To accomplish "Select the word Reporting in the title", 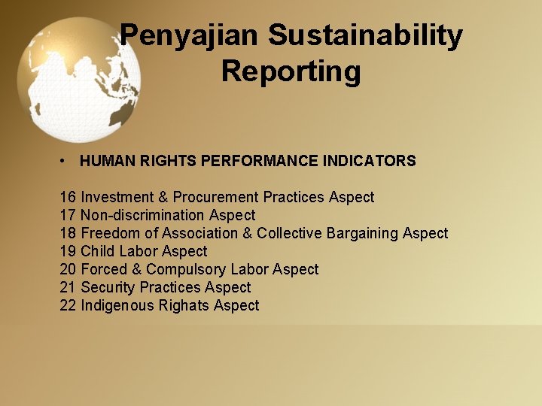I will click(x=291, y=72).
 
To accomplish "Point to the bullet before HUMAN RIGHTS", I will click(x=66, y=161).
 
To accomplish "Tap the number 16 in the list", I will click(x=68, y=197).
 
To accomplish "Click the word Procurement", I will click(x=216, y=197).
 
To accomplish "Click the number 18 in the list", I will click(x=68, y=233).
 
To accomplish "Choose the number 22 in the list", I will click(x=68, y=305).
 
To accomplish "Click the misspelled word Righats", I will click(x=184, y=305).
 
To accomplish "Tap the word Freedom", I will click(x=110, y=233).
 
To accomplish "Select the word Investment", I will click(x=117, y=197).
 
